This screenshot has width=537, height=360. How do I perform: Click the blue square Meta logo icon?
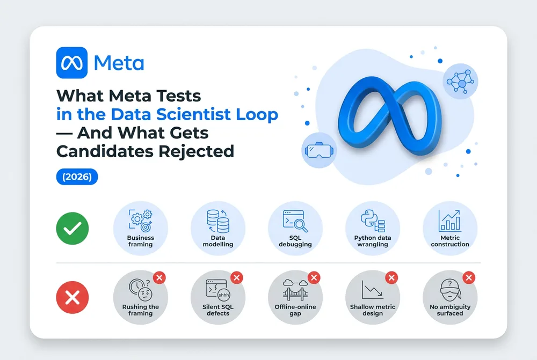point(71,63)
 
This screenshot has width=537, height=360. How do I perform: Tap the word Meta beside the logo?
point(119,63)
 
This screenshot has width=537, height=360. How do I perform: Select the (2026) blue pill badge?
point(77,177)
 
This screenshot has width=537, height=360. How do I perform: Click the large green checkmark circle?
point(72,228)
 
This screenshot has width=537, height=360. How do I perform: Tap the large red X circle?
point(72,297)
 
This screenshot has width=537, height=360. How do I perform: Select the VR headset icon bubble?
point(319,150)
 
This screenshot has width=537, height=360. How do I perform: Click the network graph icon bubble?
point(460,82)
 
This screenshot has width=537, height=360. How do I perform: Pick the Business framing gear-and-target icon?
point(140,221)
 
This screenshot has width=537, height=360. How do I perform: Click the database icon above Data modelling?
point(218,221)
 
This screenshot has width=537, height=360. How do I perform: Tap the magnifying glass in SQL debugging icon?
point(300,225)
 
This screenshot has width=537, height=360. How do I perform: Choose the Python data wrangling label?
point(373,241)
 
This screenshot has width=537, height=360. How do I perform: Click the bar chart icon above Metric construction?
point(449,221)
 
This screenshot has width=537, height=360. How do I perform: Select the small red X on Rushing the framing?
point(159,277)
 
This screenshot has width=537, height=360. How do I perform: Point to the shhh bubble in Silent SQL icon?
point(223,295)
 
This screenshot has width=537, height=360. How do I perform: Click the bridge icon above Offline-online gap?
point(295,291)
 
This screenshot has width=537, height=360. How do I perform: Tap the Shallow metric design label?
point(373,310)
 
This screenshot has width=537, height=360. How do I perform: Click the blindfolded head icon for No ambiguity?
point(450,291)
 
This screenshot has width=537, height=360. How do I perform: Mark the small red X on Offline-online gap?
point(314,277)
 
